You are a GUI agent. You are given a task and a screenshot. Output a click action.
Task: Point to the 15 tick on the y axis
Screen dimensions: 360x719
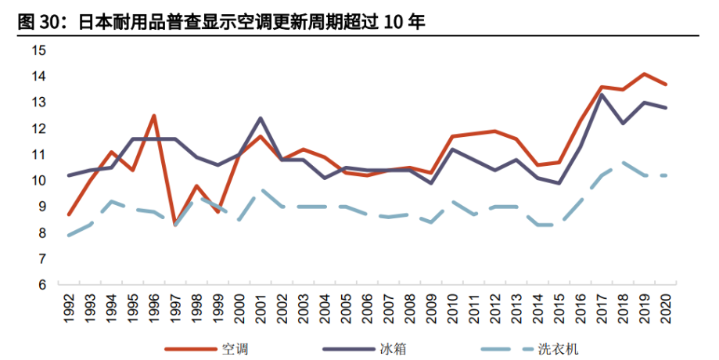[x=39, y=51]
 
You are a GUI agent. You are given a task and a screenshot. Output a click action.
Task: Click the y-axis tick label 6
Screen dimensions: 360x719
[x=42, y=285]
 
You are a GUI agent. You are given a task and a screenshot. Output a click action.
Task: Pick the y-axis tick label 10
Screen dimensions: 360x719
[x=39, y=181]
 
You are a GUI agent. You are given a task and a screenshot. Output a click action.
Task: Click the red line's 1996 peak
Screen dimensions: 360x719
[x=154, y=116]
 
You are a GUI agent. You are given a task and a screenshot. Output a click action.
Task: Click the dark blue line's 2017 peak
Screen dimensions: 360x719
[x=602, y=95]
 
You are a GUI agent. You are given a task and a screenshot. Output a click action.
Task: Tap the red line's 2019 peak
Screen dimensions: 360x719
[x=645, y=74]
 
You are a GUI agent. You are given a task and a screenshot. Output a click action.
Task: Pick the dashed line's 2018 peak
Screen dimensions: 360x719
[x=624, y=162]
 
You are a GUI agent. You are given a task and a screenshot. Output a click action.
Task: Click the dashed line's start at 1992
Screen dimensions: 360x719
[x=69, y=236]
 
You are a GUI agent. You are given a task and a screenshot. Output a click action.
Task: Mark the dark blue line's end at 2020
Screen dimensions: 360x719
[x=666, y=108]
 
